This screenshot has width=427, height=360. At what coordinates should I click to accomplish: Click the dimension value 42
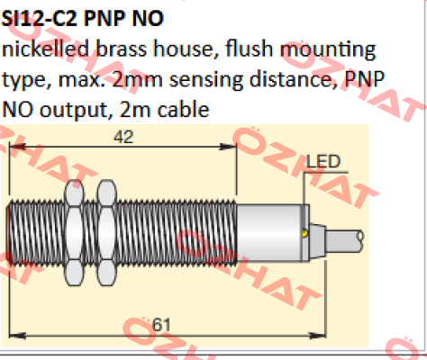[123, 137]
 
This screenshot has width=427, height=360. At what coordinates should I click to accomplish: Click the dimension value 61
[161, 325]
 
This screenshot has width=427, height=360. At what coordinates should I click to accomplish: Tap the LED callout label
[323, 161]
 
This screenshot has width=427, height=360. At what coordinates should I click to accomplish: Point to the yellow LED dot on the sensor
[305, 233]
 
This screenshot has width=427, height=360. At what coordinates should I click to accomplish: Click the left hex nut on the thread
[74, 232]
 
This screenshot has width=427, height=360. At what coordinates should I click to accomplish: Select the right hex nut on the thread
[106, 232]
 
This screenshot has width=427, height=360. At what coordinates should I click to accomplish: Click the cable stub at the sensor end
[345, 240]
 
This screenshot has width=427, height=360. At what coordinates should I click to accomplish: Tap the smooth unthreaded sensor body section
[269, 233]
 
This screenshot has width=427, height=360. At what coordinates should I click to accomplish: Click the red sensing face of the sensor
[8, 234]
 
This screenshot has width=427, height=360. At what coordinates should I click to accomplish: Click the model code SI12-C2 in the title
[40, 19]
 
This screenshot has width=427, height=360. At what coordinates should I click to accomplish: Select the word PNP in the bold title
[104, 19]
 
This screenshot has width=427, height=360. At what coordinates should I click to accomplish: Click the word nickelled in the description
[46, 49]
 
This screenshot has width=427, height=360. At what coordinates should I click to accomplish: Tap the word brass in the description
[122, 49]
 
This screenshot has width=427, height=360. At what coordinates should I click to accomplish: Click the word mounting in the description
[328, 49]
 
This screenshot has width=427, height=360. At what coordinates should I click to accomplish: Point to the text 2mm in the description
[137, 79]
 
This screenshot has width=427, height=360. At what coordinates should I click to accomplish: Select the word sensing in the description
[206, 80]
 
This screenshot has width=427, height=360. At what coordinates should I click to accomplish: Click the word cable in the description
[184, 109]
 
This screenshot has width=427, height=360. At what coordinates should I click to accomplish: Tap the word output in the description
[74, 111]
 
